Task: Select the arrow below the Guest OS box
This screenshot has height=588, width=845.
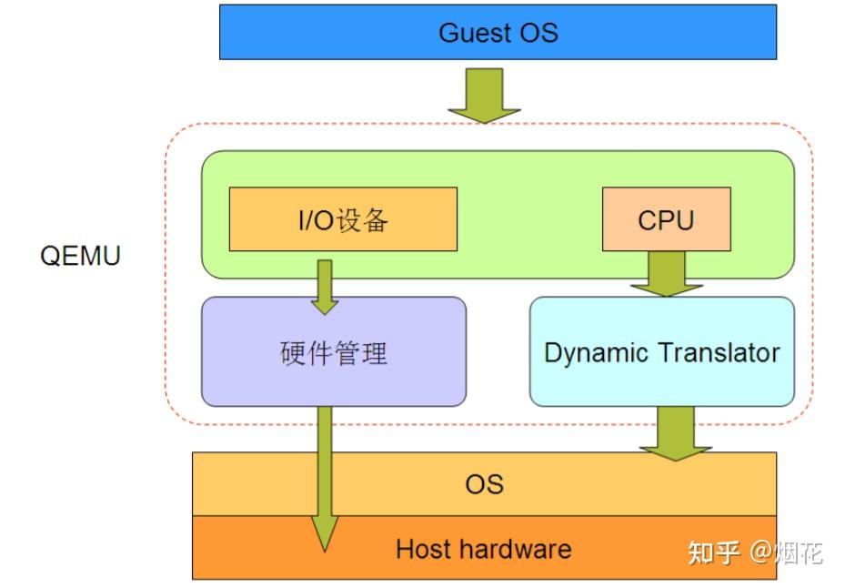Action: coord(484,95)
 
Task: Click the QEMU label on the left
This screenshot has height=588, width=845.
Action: coord(80,255)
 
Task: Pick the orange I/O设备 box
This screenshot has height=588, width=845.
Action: coord(343,219)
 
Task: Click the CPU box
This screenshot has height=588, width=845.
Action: coord(666,219)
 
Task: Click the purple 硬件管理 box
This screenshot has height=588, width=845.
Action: coord(333,352)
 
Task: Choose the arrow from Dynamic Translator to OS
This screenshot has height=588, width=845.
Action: coord(675,432)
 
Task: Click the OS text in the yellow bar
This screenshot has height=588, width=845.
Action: coord(484,483)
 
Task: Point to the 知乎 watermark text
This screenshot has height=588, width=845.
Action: coord(713,552)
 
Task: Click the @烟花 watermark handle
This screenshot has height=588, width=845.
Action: coord(786,552)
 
